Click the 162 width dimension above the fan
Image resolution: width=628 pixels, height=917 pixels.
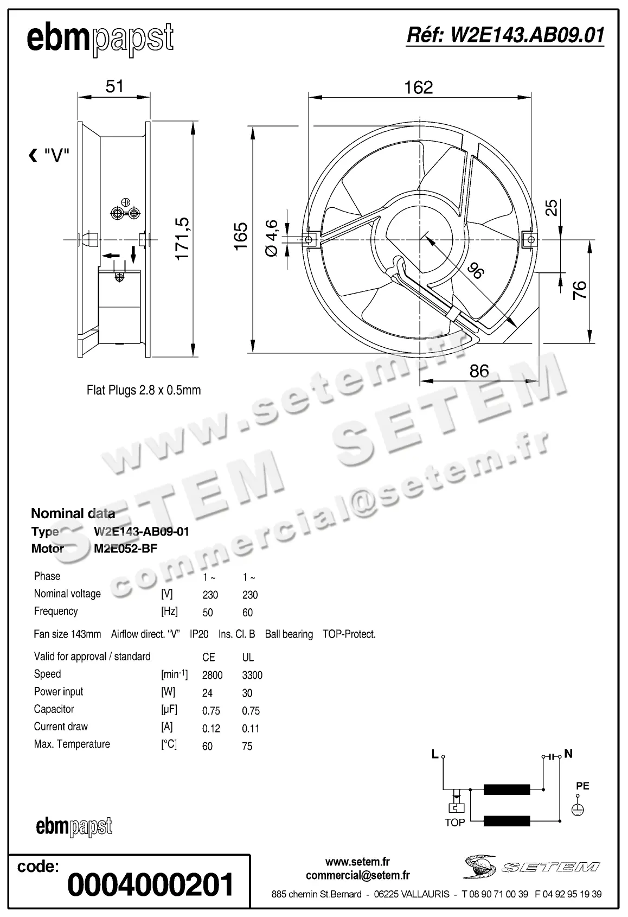(418, 87)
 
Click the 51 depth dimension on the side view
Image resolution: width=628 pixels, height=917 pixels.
(114, 86)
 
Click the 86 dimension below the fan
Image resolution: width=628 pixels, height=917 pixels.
(479, 371)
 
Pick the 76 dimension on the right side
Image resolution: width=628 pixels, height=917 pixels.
(580, 290)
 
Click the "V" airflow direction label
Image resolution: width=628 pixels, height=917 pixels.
(56, 156)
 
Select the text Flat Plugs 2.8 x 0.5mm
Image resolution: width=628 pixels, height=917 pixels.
(144, 390)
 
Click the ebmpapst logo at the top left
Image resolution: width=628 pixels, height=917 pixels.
(100, 39)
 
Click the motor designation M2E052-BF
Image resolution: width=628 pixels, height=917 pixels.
(125, 549)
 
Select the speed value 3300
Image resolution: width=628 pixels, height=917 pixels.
(252, 675)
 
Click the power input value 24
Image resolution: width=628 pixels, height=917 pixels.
(207, 693)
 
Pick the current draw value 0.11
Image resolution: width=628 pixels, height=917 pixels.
(251, 728)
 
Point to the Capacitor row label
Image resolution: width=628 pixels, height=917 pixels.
(54, 709)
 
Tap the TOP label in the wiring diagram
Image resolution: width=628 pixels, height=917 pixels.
(454, 823)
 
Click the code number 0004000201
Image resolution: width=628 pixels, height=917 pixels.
(150, 884)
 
